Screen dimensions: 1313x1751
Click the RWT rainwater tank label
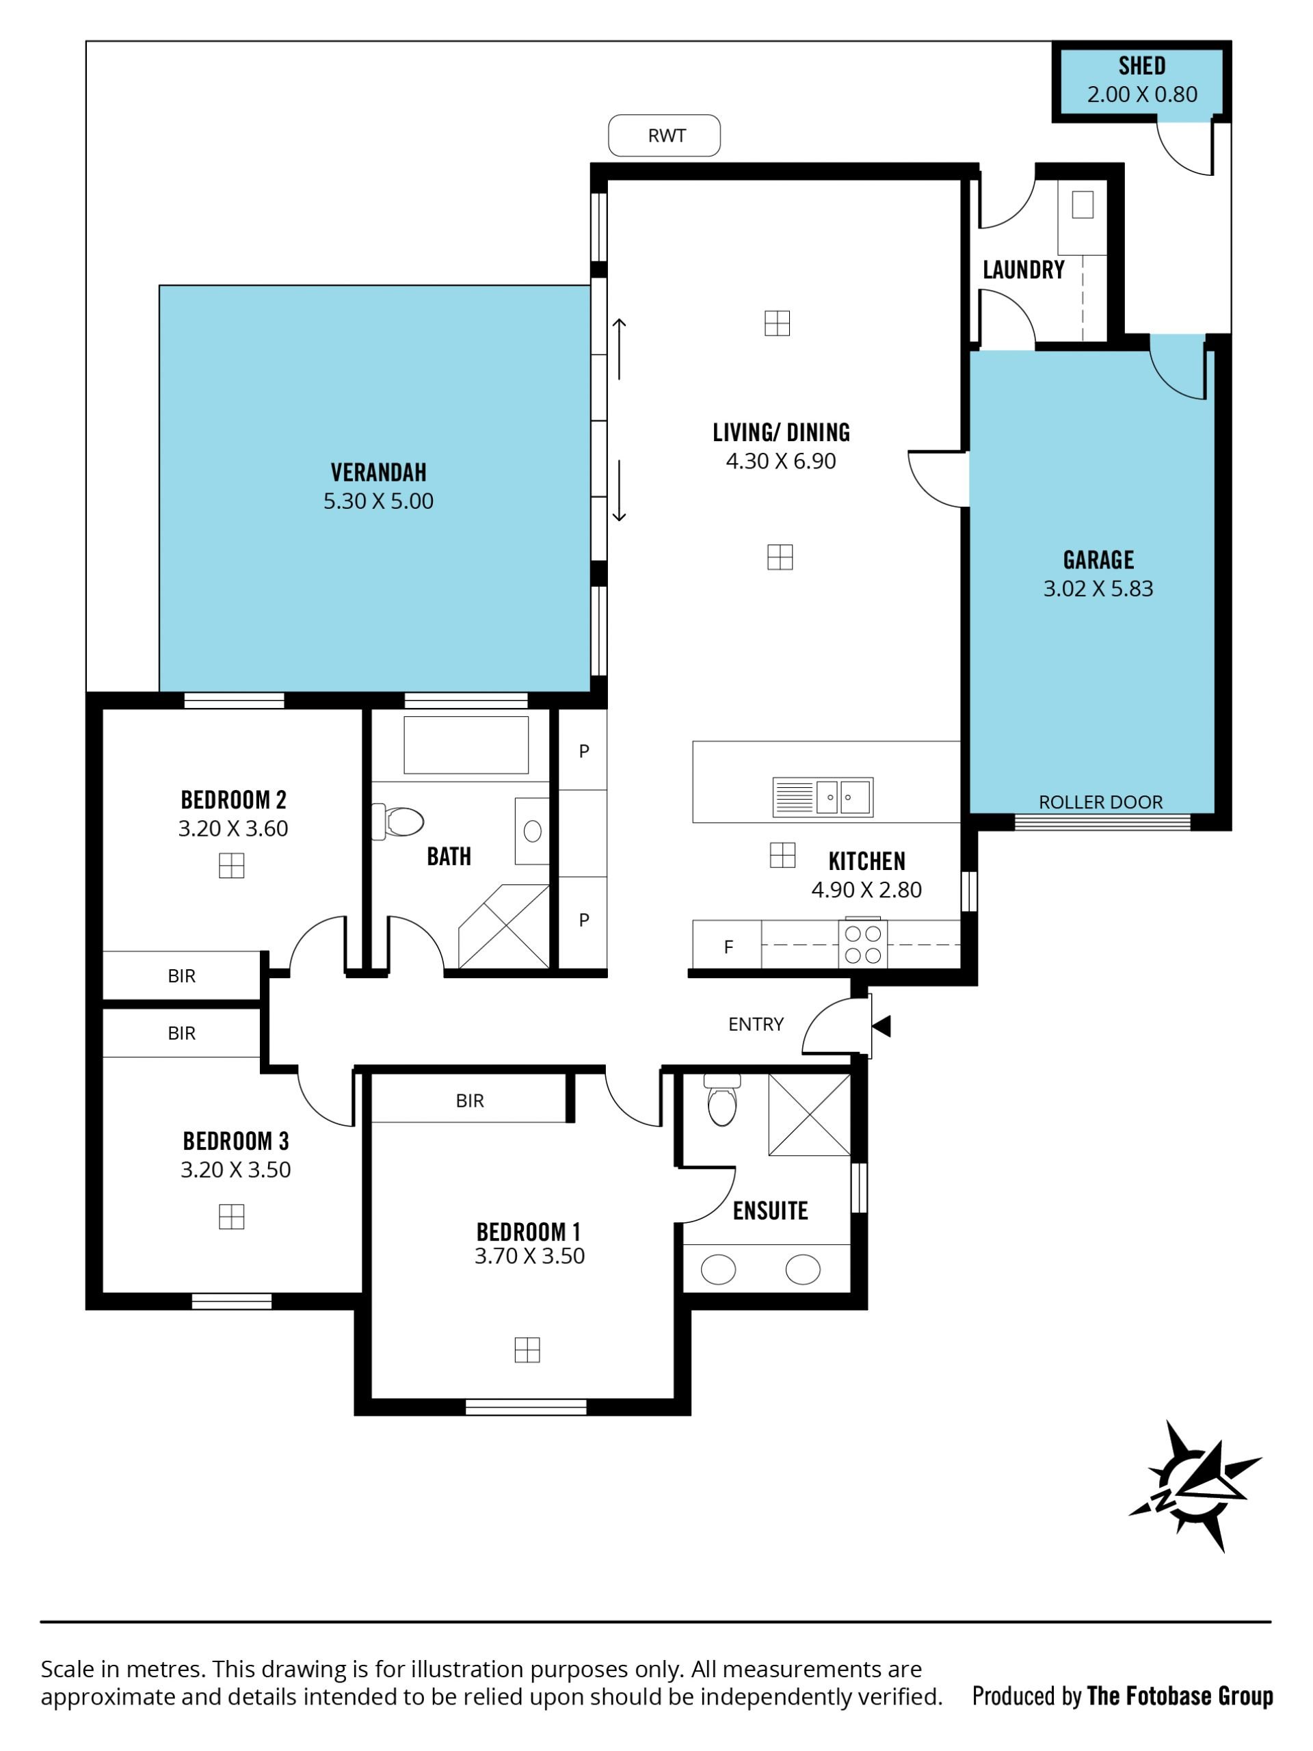pyautogui.click(x=666, y=136)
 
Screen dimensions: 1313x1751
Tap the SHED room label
pyautogui.click(x=1141, y=66)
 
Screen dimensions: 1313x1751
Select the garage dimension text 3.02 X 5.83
pyautogui.click(x=1098, y=588)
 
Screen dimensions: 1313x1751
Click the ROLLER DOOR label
pyautogui.click(x=1100, y=802)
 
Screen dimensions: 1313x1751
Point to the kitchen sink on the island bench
pyautogui.click(x=822, y=797)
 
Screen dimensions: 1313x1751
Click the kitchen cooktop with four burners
pyautogui.click(x=862, y=944)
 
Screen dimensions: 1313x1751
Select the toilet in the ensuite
pyautogui.click(x=721, y=1100)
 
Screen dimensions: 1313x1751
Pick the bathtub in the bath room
pyautogui.click(x=466, y=745)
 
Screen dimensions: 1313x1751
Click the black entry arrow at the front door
pyautogui.click(x=881, y=1026)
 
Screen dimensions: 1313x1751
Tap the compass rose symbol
pyautogui.click(x=1195, y=1486)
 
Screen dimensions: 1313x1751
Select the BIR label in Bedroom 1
pyautogui.click(x=469, y=1101)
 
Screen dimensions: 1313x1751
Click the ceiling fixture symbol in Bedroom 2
pyautogui.click(x=231, y=865)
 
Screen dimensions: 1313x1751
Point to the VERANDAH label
pyautogui.click(x=378, y=473)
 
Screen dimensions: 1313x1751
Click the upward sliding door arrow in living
pyautogui.click(x=619, y=349)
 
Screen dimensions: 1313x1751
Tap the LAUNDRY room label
pyautogui.click(x=1023, y=270)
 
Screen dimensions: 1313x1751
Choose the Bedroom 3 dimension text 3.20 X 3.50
pyautogui.click(x=235, y=1169)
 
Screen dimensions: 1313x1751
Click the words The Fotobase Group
pyautogui.click(x=1180, y=1696)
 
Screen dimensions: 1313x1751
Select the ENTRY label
pyautogui.click(x=756, y=1025)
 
